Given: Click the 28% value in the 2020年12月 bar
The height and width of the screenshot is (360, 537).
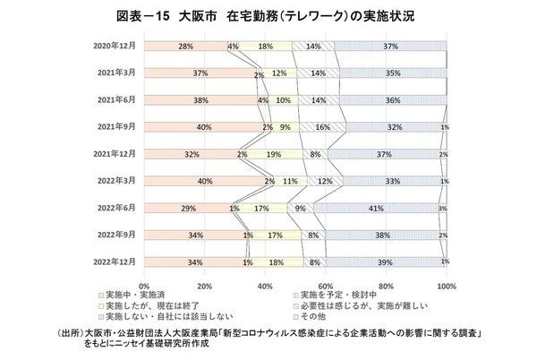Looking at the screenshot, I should [186, 46].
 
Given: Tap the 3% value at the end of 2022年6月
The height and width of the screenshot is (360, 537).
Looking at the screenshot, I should [443, 208].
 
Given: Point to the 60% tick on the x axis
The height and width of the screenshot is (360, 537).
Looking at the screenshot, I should [326, 286].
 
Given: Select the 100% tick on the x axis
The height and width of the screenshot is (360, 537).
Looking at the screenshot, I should [445, 286].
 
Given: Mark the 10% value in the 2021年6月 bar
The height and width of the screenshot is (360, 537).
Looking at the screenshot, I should [284, 100].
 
